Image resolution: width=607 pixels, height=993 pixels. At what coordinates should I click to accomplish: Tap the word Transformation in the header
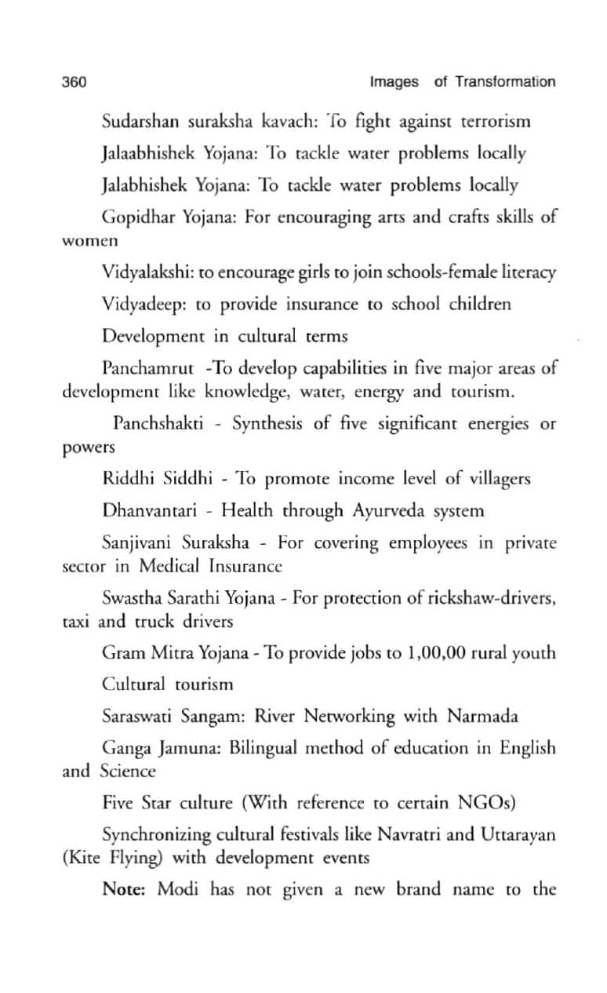pos(505,82)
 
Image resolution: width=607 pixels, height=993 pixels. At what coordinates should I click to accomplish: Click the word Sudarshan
pos(137,122)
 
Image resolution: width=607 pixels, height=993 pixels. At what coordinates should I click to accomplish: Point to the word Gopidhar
pos(134,217)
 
